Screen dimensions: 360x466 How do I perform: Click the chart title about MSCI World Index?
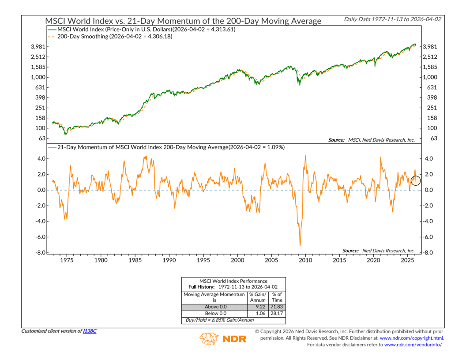[183, 21]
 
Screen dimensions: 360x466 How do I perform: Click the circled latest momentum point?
[416, 180]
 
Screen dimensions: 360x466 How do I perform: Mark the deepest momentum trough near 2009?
[300, 245]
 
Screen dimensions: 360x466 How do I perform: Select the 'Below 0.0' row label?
[214, 314]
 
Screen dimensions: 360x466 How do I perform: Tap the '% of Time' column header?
[277, 297]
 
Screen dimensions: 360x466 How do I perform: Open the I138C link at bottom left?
[89, 331]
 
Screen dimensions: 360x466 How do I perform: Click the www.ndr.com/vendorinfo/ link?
[413, 345]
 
